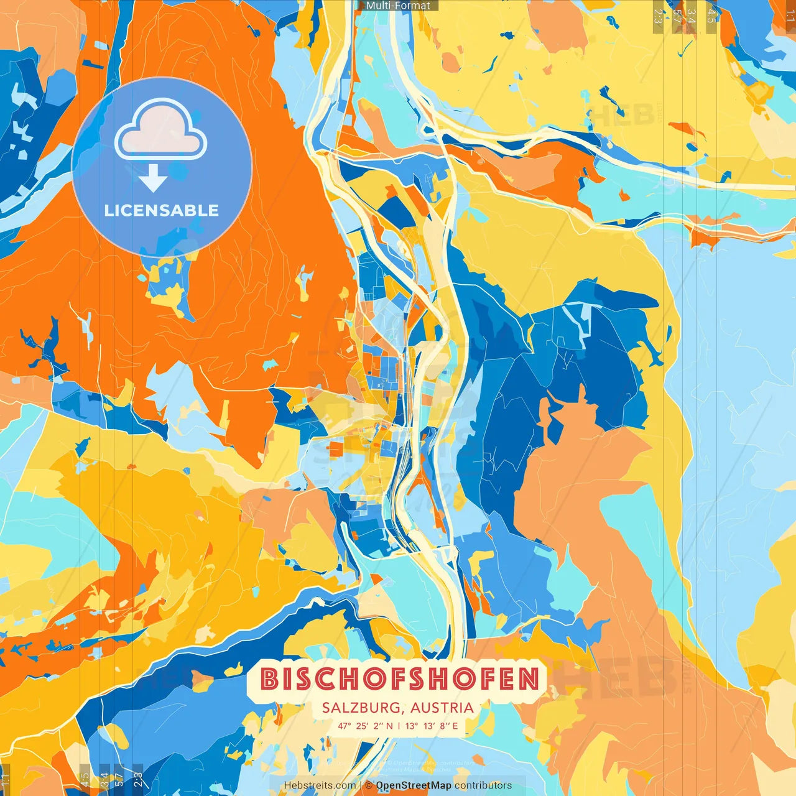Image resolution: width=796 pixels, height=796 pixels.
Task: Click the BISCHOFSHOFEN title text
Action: coord(398,679)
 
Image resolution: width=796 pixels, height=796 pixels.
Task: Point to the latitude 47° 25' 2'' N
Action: coord(365,726)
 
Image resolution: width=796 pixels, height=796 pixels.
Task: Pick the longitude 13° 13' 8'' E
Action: coord(432,726)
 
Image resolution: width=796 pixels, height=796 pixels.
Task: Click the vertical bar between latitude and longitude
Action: coord(399,726)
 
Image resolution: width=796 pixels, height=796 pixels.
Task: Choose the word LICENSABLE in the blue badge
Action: coord(162,210)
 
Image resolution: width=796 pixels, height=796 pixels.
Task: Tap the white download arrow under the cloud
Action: coord(152,178)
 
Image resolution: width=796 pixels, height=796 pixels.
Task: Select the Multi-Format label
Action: coord(398,6)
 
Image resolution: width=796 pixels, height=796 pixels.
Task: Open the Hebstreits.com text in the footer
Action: coord(320,785)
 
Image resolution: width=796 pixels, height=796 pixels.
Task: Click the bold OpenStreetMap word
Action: coord(414,785)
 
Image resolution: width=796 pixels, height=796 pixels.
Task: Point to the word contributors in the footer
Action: coord(483,785)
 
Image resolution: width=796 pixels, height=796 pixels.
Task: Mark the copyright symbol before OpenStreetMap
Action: coord(369,785)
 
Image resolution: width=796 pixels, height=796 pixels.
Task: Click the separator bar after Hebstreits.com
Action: coord(361,785)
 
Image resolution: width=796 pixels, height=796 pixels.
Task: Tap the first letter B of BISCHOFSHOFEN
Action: coord(269,679)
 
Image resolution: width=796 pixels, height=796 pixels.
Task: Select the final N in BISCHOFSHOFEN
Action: coord(529,679)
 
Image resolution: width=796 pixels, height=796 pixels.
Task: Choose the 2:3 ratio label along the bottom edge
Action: coord(138,779)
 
